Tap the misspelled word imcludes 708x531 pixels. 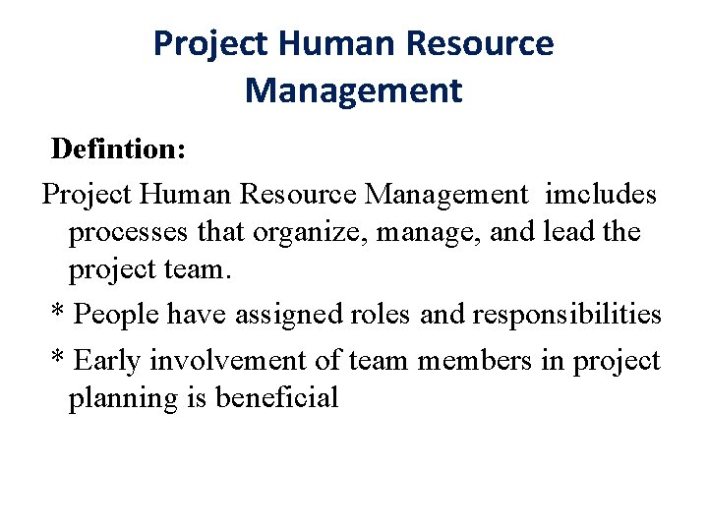(x=601, y=195)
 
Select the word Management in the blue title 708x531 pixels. (x=353, y=90)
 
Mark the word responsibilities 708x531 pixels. (x=567, y=315)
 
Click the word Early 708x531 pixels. (x=108, y=361)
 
